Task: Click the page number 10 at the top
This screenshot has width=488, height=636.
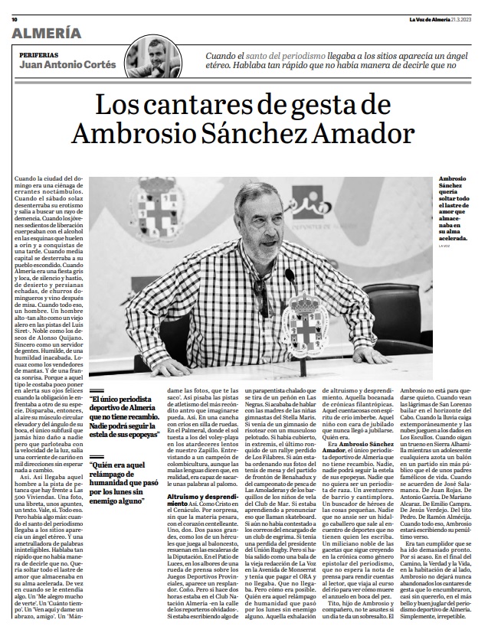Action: point(15,8)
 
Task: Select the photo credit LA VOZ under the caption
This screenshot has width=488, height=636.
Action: point(444,245)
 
